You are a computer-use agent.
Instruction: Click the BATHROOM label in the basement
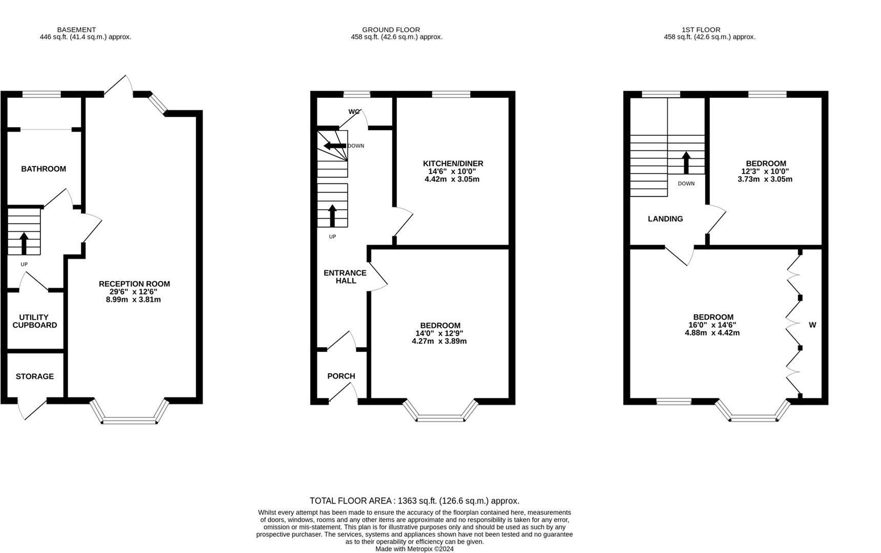point(44,169)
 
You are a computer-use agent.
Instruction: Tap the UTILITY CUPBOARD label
point(35,321)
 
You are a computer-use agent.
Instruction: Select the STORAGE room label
point(35,376)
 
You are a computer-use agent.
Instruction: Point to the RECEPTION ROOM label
point(134,284)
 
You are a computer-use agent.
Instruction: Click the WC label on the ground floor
point(354,112)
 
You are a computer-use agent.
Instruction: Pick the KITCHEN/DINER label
point(453,163)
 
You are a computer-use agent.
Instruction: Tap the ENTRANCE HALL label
point(345,276)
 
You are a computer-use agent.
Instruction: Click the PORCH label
point(341,376)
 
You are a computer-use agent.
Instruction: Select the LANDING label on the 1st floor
point(665,219)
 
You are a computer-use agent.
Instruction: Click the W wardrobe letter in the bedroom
point(812,325)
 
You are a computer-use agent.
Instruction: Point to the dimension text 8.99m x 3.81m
point(133,300)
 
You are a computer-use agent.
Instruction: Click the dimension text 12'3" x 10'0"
point(765,172)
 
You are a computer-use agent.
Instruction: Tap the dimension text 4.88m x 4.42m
point(712,333)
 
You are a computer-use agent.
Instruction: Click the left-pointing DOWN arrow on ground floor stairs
point(334,146)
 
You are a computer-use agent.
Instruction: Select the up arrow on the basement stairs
point(24,243)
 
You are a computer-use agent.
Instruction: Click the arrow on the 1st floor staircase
point(686,162)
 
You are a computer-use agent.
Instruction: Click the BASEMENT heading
point(76,30)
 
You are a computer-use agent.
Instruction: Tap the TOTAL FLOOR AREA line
point(414,501)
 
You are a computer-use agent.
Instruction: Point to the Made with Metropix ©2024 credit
point(414,549)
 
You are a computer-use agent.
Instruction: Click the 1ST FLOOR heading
point(701,30)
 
